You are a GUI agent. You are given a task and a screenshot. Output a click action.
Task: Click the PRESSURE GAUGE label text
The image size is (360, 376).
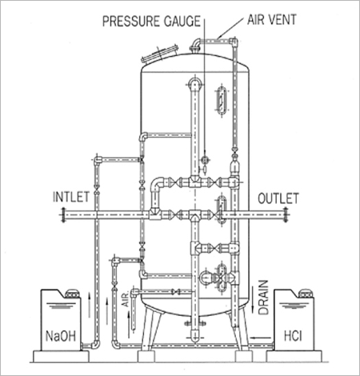coord(151,21)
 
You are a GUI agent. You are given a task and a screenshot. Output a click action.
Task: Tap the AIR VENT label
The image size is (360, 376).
coord(272,19)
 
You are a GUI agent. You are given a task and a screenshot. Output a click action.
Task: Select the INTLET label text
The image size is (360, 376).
coord(71,197)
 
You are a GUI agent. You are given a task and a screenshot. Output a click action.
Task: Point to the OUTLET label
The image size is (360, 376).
coord(278,198)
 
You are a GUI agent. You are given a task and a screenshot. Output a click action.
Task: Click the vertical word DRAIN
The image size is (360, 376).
coord(263,298)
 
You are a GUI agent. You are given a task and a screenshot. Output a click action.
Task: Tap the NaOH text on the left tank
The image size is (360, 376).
coord(61,336)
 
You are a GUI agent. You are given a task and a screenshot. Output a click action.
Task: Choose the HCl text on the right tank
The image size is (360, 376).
coord(293,336)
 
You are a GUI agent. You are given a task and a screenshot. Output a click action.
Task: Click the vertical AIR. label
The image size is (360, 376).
coord(126,298)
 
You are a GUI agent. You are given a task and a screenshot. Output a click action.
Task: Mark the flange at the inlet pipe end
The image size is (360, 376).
coord(63,214)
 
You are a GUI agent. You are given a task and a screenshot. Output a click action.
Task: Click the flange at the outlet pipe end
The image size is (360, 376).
coord(286,214)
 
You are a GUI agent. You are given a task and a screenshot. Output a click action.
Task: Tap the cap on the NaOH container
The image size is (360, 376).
coord(71,293)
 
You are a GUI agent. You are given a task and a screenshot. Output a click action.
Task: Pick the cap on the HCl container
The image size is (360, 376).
coord(306,293)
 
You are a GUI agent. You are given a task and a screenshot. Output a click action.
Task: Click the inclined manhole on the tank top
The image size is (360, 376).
coord(160,54)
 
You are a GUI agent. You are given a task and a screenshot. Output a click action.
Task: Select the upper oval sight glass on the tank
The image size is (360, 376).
coord(221,100)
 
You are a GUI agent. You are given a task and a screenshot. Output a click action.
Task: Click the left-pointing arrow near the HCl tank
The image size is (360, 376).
coord(262,338)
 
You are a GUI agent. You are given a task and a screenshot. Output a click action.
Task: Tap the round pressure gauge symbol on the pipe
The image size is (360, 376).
coord(205,160)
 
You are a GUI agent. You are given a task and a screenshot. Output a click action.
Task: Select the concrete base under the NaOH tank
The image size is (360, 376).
coord(61,356)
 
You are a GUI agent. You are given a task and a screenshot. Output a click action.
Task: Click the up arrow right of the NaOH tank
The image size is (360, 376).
coord(90,305)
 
